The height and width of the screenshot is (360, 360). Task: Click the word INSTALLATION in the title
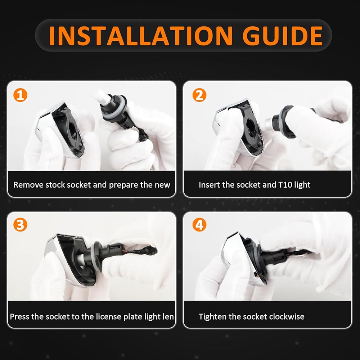(140, 36)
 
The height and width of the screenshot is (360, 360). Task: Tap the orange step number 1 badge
(20, 95)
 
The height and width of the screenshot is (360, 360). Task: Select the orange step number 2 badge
(199, 95)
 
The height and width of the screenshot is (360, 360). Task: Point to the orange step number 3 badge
(20, 225)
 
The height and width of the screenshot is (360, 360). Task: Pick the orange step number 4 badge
(199, 225)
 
